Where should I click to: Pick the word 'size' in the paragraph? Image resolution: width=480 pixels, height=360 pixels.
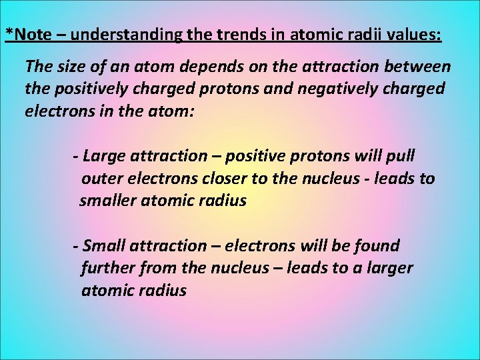coord(71,67)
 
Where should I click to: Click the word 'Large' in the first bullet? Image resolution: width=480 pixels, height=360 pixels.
coord(104,157)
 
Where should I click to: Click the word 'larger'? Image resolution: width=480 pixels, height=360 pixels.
coord(389,269)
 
